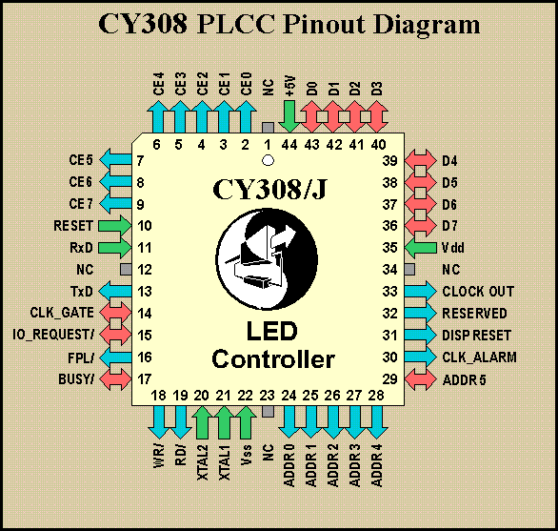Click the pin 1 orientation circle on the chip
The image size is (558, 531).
268,160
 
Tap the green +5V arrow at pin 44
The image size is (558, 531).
289,116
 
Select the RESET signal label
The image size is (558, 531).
73,226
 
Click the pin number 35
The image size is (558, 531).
389,248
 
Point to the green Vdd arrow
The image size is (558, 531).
421,248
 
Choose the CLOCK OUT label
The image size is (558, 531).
478,292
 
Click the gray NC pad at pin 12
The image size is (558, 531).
126,270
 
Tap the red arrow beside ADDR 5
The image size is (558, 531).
421,379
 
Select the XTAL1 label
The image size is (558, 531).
225,463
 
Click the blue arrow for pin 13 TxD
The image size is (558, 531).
114,292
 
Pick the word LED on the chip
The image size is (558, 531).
272,331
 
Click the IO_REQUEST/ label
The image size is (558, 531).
53,335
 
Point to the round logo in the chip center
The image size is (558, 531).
267,259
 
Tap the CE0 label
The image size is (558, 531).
247,84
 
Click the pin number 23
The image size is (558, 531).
267,396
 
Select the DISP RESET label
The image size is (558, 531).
476,336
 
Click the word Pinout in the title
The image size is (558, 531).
324,25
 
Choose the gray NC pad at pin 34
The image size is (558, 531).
409,270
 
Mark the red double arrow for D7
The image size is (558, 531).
421,226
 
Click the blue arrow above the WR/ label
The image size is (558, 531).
158,422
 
